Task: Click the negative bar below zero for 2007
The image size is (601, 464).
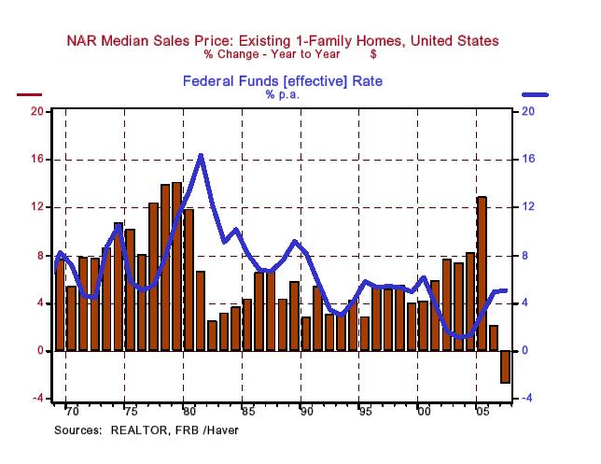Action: point(505,366)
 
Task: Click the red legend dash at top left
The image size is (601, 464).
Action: point(30,95)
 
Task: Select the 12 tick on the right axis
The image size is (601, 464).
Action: point(527,207)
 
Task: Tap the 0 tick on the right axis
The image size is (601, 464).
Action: point(524,351)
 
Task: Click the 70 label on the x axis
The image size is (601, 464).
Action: point(69,412)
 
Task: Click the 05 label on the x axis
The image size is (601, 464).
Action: point(482,412)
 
